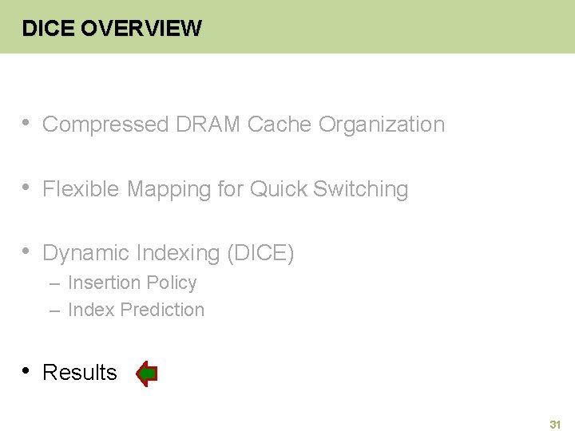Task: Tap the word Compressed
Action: (x=105, y=125)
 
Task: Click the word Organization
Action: (x=381, y=125)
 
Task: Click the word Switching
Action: (x=360, y=189)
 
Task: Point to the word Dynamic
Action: (x=86, y=253)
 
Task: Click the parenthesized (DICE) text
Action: (x=261, y=253)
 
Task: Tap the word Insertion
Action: (x=99, y=283)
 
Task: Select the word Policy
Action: (x=172, y=283)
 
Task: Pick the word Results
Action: (x=79, y=373)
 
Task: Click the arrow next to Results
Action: (x=146, y=374)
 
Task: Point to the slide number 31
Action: (x=555, y=425)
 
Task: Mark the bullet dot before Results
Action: (x=26, y=370)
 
